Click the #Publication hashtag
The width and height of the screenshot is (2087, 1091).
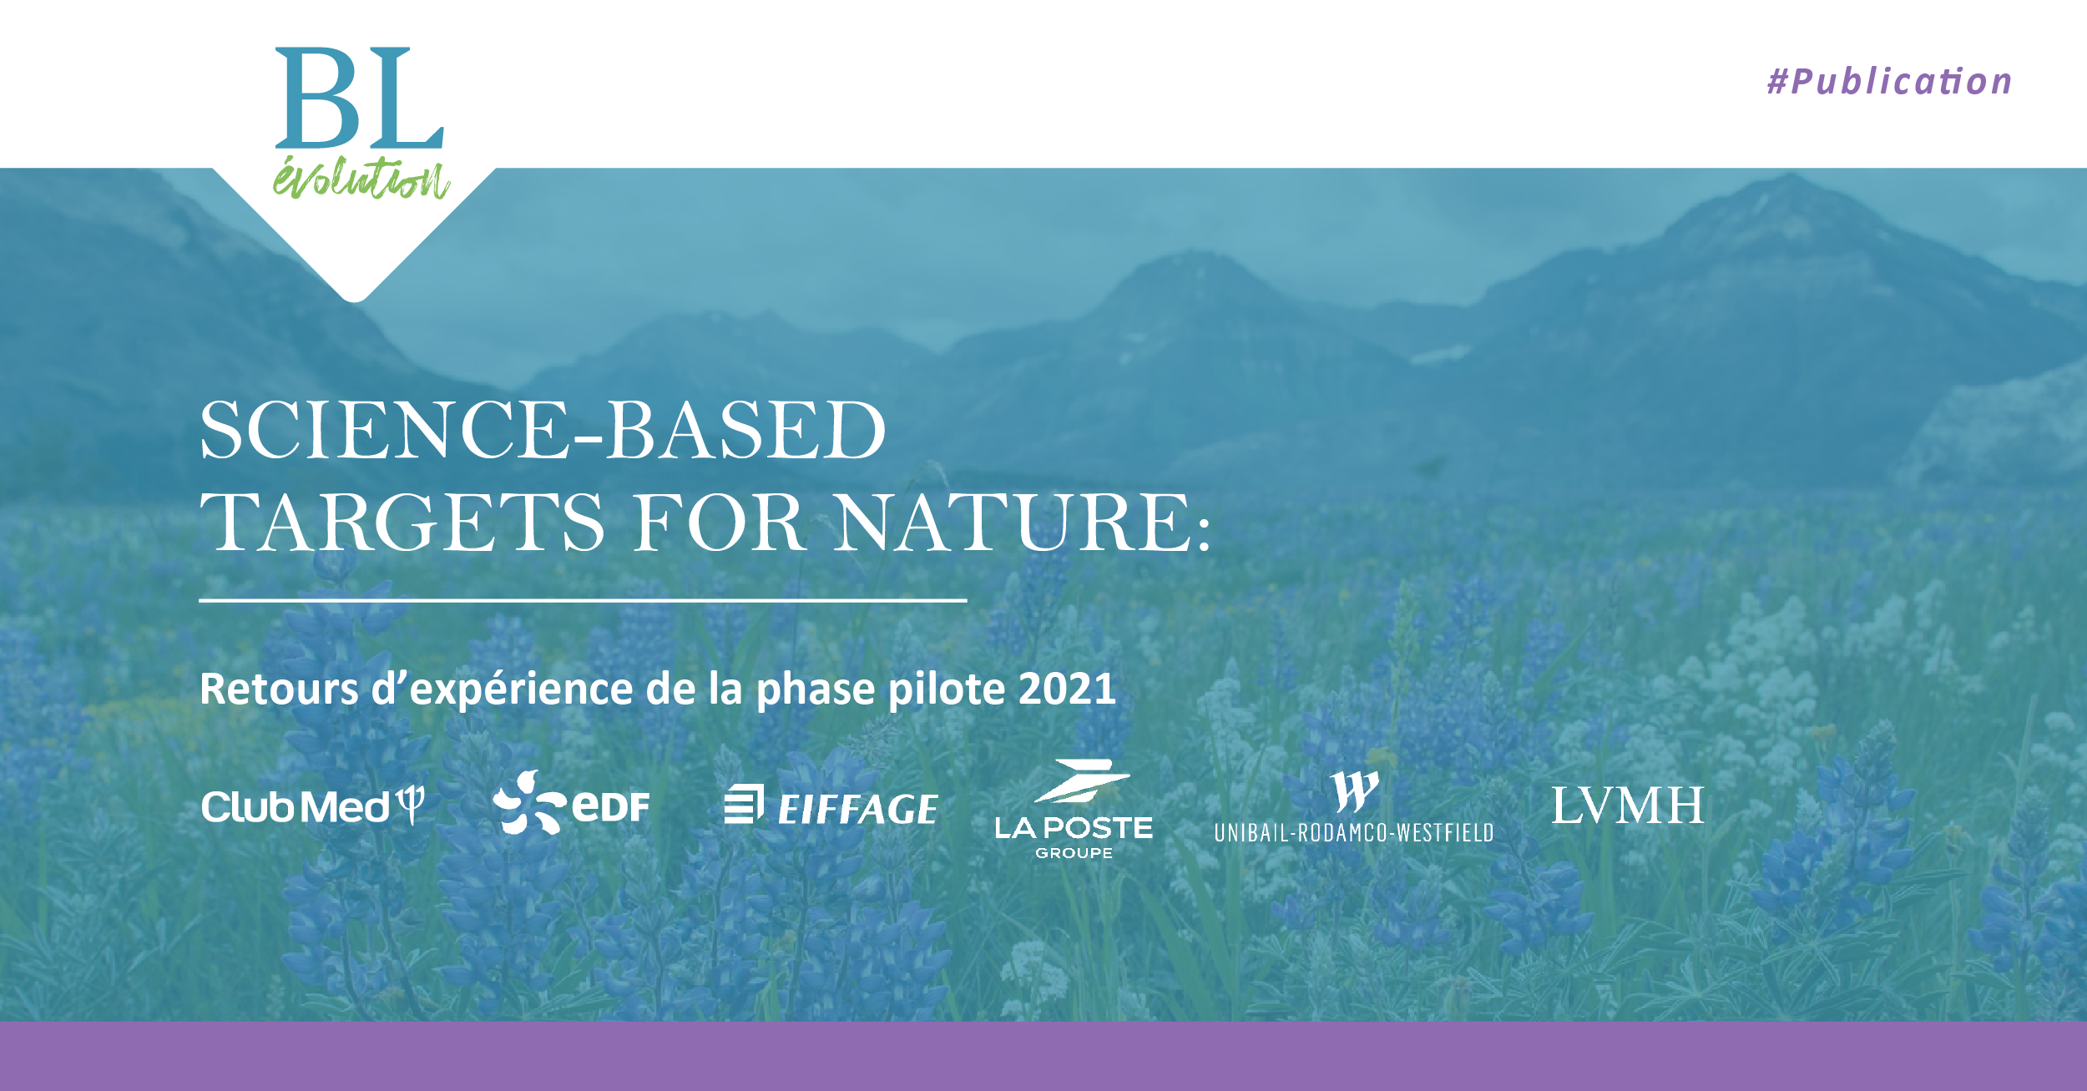click(1889, 82)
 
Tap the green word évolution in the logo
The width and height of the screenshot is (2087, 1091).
click(361, 178)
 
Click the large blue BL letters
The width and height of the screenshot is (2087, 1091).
click(359, 98)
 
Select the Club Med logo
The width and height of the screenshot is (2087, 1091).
click(312, 806)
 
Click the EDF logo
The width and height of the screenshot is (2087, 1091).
click(572, 804)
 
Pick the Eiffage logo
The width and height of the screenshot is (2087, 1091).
click(831, 806)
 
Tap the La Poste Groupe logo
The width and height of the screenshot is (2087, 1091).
click(1074, 810)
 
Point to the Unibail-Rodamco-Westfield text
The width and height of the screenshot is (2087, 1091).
click(1353, 832)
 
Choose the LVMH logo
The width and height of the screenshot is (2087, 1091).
click(1628, 806)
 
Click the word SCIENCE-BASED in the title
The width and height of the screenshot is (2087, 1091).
click(543, 431)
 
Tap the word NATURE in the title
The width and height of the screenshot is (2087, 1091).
click(1014, 523)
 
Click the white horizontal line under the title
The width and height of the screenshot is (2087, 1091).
click(583, 600)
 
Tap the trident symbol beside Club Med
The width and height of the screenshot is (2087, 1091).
click(411, 805)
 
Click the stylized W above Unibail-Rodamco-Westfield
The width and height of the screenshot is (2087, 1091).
click(1354, 790)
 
